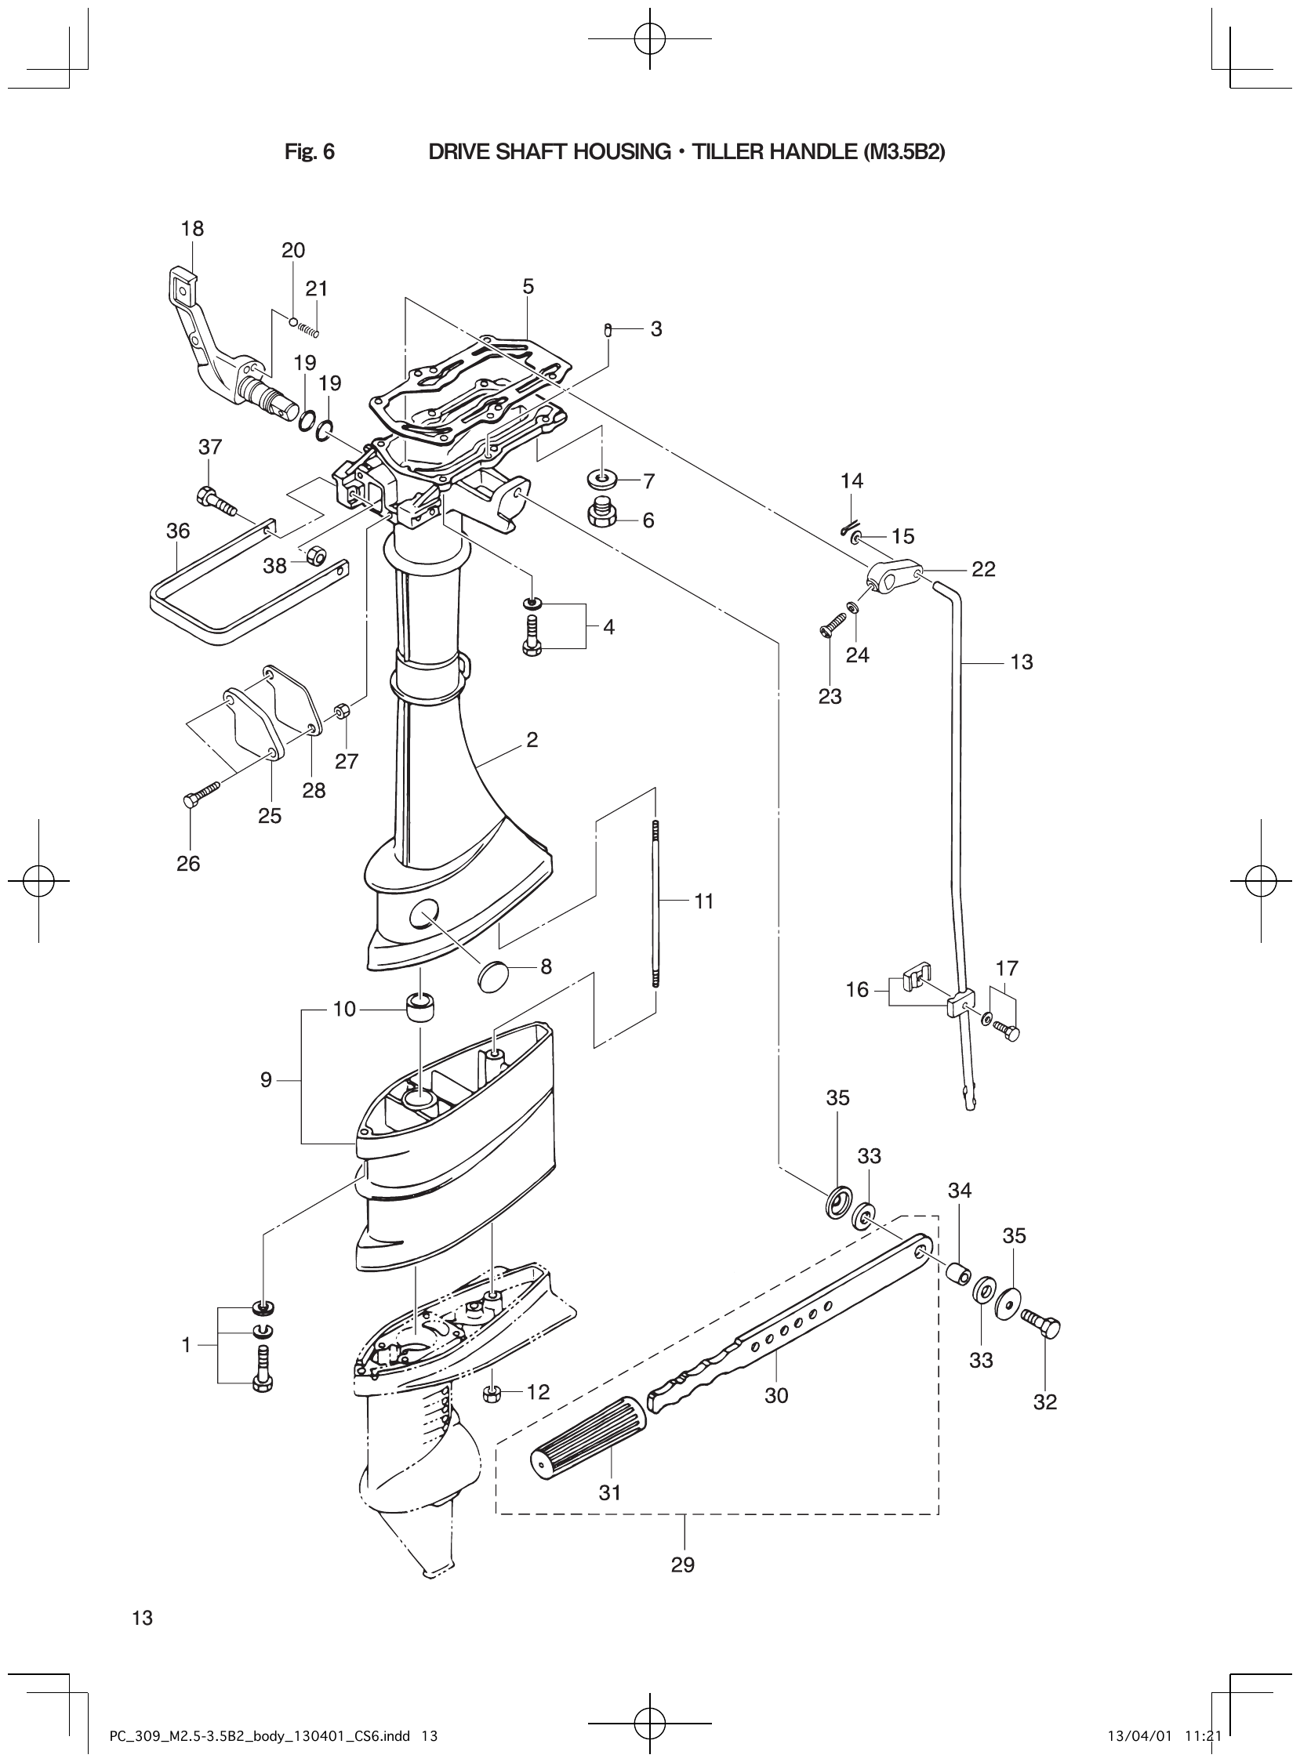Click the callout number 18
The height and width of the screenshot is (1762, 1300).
(192, 229)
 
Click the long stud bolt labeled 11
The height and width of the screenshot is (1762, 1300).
(655, 901)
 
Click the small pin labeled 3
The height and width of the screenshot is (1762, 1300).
(608, 328)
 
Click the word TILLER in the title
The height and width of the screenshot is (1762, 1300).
(728, 152)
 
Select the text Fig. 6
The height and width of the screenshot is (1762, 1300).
(309, 152)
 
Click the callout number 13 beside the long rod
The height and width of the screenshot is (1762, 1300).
(1021, 662)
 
